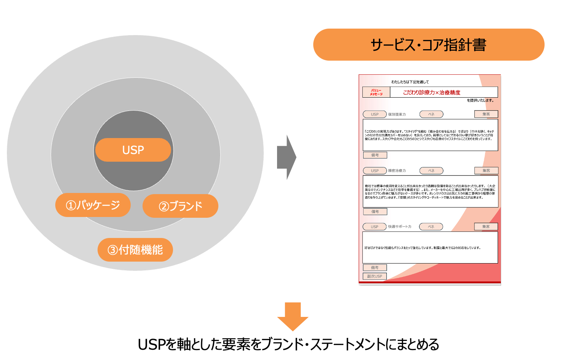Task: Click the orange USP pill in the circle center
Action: click(133, 150)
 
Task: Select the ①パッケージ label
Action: click(93, 205)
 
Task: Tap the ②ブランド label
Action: click(180, 206)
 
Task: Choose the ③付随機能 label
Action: click(135, 250)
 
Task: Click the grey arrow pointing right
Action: click(286, 157)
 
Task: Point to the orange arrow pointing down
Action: click(293, 316)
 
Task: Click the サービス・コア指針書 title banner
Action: click(428, 45)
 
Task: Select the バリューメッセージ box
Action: click(376, 92)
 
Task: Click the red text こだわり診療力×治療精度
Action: click(432, 92)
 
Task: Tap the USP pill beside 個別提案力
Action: click(375, 114)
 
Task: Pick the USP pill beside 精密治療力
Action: click(375, 171)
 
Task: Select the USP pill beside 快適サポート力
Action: click(374, 227)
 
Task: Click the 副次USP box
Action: click(375, 276)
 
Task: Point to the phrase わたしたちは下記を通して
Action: click(410, 82)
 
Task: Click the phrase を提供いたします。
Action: click(481, 100)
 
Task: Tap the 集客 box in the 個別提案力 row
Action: click(486, 114)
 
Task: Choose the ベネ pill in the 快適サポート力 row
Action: click(431, 227)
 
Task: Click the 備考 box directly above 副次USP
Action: click(375, 268)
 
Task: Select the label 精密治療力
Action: click(397, 171)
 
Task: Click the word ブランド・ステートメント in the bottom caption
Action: click(343, 345)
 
